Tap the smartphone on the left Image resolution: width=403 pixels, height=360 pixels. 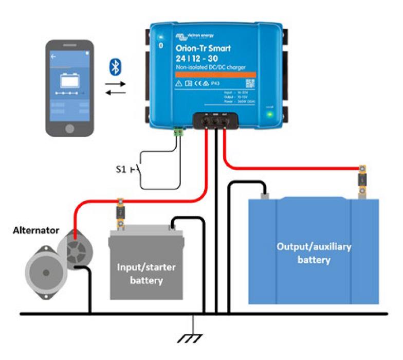pyautogui.click(x=70, y=88)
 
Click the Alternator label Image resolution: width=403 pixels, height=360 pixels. pyautogui.click(x=36, y=230)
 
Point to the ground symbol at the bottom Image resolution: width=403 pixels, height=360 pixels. pyautogui.click(x=193, y=337)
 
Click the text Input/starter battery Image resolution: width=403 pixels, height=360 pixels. pyautogui.click(x=146, y=275)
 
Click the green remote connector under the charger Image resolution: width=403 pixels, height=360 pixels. pyautogui.click(x=179, y=132)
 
